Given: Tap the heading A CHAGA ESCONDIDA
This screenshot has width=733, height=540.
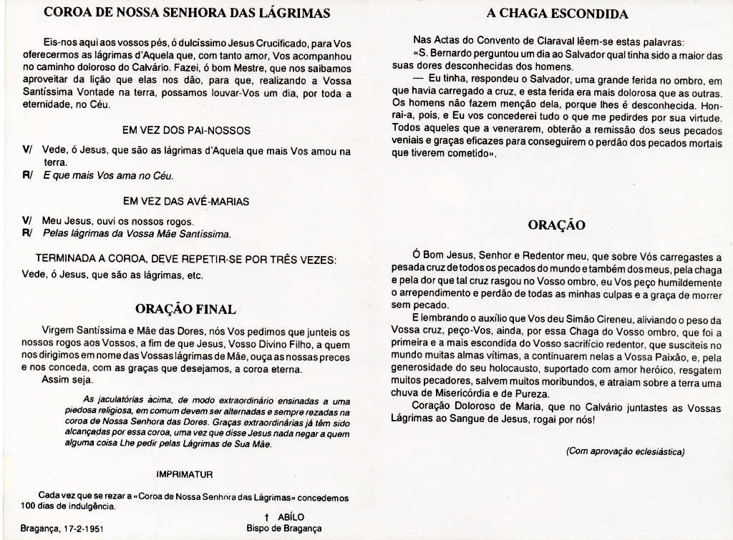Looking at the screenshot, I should pyautogui.click(x=557, y=14).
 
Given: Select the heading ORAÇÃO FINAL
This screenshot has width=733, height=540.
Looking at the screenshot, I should pyautogui.click(x=186, y=309).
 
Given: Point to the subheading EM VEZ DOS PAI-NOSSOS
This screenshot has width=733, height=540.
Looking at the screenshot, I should pyautogui.click(x=186, y=130).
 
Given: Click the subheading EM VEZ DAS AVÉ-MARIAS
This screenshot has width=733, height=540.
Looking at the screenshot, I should pyautogui.click(x=186, y=202).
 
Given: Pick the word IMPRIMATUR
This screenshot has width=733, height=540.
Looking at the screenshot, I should pyautogui.click(x=184, y=473).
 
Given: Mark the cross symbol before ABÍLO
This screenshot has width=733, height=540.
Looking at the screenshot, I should pyautogui.click(x=266, y=517).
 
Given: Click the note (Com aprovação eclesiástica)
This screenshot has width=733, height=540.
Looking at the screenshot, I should pyautogui.click(x=625, y=451).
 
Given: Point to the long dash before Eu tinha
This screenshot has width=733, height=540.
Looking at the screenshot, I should pyautogui.click(x=418, y=79).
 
